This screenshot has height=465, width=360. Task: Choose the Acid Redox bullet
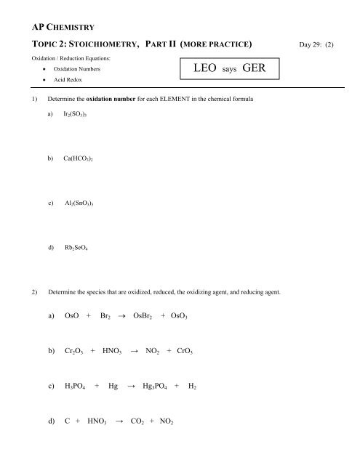66,83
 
